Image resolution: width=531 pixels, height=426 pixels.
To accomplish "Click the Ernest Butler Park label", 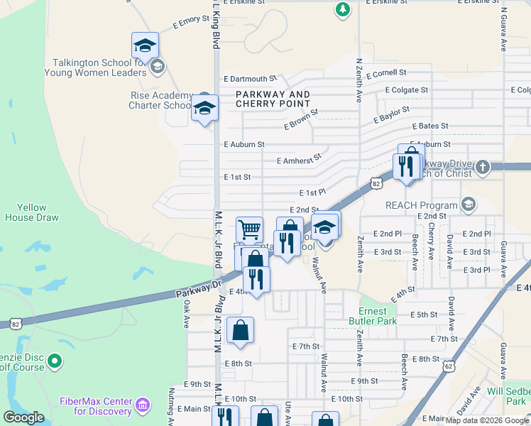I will click(372, 316).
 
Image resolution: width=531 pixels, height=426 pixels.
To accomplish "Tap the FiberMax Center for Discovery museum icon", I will click(143, 405).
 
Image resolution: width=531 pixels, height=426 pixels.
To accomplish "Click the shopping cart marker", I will click(249, 229).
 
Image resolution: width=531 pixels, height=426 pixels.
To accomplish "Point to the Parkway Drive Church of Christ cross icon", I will click(482, 167).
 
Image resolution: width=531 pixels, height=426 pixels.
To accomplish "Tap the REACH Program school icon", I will click(468, 205).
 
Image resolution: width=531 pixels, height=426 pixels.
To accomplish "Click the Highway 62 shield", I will click(448, 366).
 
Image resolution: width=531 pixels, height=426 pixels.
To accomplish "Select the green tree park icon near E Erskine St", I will click(343, 10).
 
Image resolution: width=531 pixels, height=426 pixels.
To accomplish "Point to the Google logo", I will click(23, 417).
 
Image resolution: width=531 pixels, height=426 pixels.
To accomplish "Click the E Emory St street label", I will click(190, 23).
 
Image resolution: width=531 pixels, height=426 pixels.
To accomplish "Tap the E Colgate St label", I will click(406, 90).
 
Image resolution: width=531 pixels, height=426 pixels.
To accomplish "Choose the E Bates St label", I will click(429, 126).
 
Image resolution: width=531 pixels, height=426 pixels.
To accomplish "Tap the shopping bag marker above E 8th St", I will click(241, 329).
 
